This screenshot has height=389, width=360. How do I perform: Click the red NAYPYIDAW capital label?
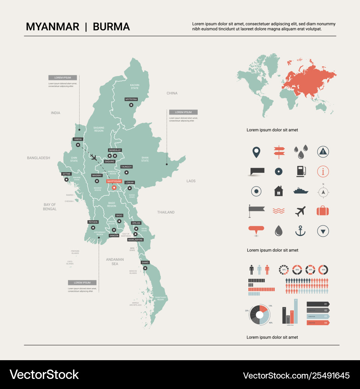(x=114, y=182)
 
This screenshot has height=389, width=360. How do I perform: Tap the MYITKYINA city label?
(x=131, y=99)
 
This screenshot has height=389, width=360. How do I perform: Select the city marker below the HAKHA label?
(x=78, y=145)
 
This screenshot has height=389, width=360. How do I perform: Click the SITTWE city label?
(x=66, y=174)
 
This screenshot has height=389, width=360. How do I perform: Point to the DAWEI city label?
(x=145, y=262)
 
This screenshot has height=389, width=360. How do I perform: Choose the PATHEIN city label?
(x=93, y=222)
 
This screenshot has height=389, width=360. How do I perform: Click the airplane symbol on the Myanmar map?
(x=93, y=157)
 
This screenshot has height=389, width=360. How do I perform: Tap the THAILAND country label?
(x=166, y=212)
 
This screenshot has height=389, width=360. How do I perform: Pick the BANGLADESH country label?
(x=39, y=158)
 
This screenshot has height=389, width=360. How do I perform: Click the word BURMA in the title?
(x=111, y=27)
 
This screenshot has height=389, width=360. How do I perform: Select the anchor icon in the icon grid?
(x=300, y=231)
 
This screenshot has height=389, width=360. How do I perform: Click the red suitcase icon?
(x=323, y=211)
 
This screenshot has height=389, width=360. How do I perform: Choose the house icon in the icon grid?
(x=279, y=191)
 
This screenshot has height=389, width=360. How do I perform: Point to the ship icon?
(x=301, y=191)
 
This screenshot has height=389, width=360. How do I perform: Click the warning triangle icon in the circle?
(x=323, y=152)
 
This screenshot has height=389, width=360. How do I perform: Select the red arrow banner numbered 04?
(x=318, y=323)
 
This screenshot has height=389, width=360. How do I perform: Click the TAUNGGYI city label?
(x=126, y=167)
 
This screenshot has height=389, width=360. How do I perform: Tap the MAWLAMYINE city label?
(x=135, y=240)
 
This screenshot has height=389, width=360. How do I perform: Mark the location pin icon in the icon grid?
(x=256, y=152)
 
